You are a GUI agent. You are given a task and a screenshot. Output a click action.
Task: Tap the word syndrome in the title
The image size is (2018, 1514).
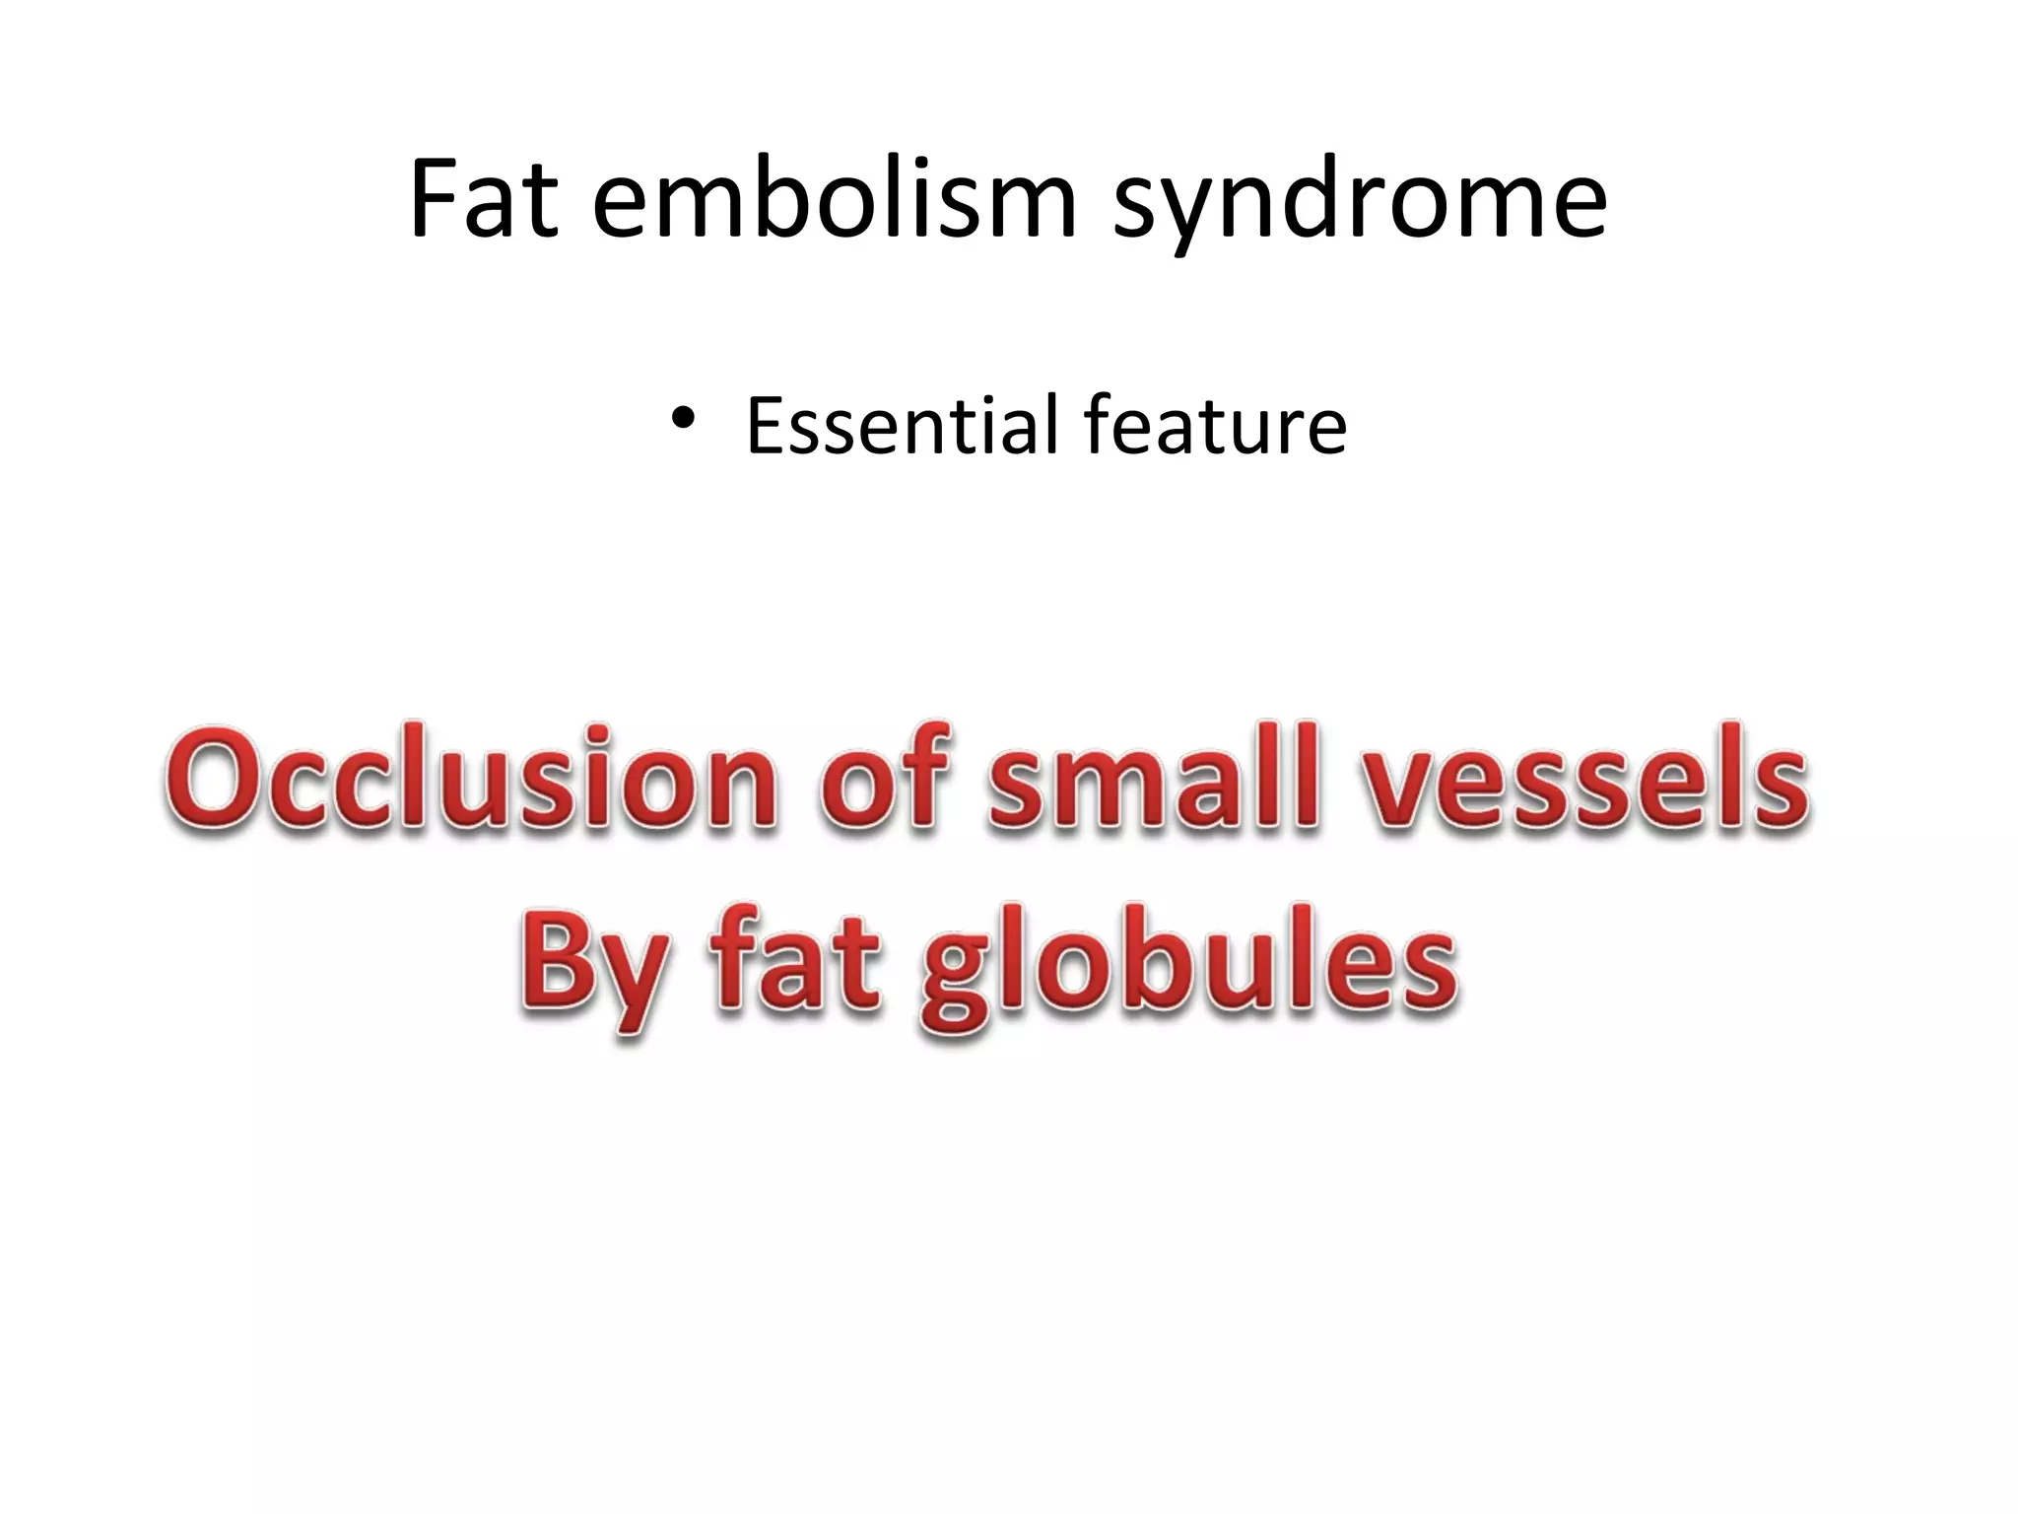coord(1360,202)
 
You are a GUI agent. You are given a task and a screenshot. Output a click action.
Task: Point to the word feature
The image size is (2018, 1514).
coord(1214,425)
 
